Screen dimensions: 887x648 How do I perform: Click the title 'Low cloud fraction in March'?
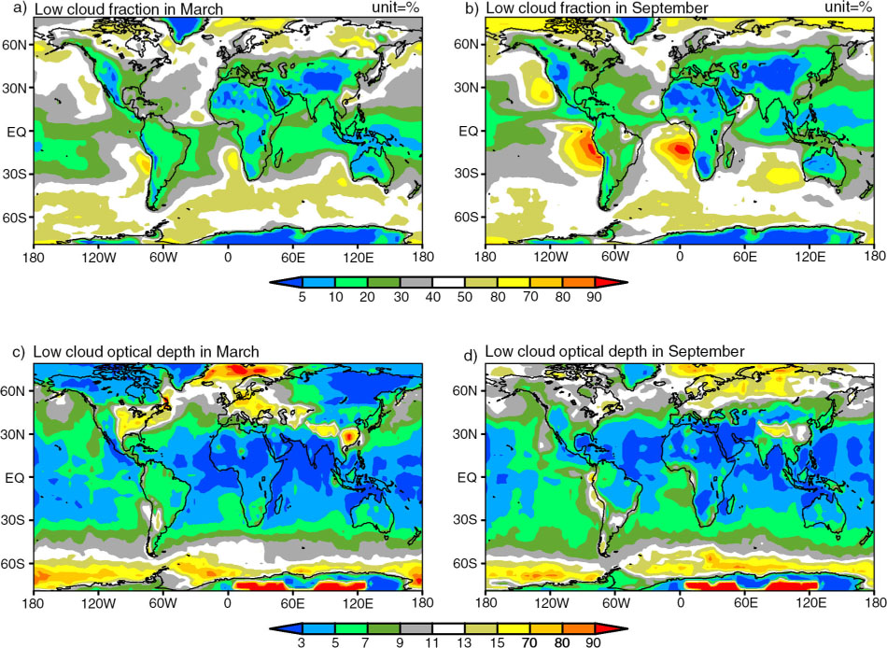[x=129, y=8]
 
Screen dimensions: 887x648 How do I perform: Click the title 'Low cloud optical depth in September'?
[x=614, y=351]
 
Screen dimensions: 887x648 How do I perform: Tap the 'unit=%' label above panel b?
[x=848, y=7]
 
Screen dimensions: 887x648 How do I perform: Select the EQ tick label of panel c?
[x=15, y=477]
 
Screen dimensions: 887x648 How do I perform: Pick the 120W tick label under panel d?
[x=551, y=603]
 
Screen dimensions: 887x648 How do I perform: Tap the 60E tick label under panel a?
[x=292, y=257]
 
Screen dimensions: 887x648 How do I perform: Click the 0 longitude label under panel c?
[x=228, y=603]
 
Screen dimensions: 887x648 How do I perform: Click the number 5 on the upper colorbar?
[x=303, y=297]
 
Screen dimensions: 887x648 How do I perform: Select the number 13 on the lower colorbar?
[x=464, y=643]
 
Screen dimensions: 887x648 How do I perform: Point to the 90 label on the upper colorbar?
[x=594, y=297]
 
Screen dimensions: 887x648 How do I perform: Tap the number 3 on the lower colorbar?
[x=303, y=643]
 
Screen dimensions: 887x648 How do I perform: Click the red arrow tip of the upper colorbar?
[x=626, y=282]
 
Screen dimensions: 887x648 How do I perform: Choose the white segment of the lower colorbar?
[x=448, y=628]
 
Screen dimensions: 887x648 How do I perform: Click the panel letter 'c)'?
[x=19, y=352]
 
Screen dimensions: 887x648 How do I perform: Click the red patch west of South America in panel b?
[x=592, y=150]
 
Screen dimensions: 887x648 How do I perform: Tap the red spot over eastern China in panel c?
[x=351, y=436]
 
